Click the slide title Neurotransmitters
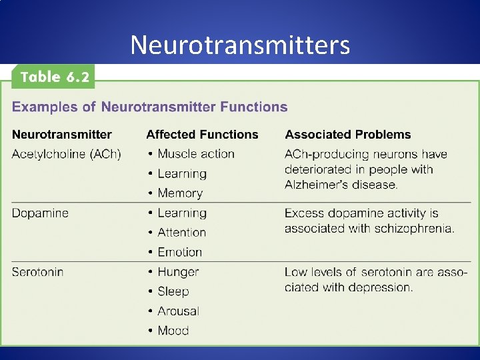(239, 45)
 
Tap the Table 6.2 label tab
(54, 77)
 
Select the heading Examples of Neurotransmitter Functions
(150, 107)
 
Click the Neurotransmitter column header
(62, 135)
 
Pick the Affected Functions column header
(202, 135)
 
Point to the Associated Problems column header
(348, 135)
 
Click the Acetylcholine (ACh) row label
(67, 154)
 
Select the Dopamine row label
(40, 213)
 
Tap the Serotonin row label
(40, 272)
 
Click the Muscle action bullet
(195, 154)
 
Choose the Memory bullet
(179, 193)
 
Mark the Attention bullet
(181, 233)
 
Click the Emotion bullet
(179, 252)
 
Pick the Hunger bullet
(178, 272)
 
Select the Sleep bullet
(173, 291)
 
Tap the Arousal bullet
(178, 311)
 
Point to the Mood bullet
(173, 331)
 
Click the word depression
(381, 287)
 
